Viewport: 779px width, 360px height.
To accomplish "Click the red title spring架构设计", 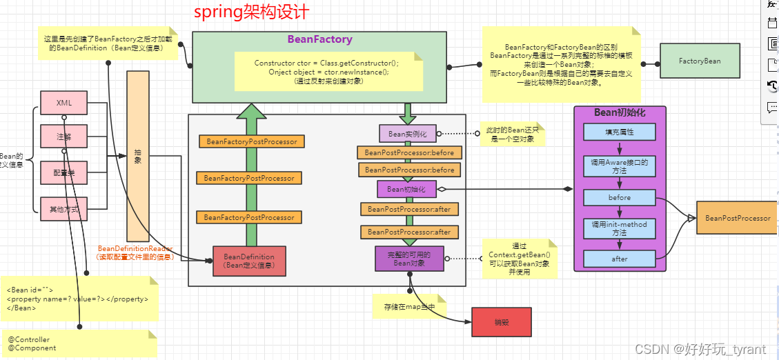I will [251, 13].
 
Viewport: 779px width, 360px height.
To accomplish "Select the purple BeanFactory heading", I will [319, 39].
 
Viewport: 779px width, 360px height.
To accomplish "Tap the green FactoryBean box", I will [699, 61].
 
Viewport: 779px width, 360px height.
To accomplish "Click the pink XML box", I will [64, 103].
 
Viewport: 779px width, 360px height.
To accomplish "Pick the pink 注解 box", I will [64, 137].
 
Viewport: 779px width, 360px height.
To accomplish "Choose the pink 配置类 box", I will [64, 172].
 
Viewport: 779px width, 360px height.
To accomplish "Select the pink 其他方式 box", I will [64, 208].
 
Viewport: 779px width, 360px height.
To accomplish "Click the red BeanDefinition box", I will [248, 261].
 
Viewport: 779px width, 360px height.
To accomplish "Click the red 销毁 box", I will [501, 322].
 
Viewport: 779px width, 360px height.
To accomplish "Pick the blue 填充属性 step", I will [619, 132].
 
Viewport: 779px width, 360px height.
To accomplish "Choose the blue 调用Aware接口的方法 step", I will [619, 166].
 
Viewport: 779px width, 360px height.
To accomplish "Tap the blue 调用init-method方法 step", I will [619, 228].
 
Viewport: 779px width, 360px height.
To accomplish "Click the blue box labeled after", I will [619, 259].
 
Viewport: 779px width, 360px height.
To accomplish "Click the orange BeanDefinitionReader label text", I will [135, 248].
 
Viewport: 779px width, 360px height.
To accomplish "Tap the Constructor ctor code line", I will [328, 63].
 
